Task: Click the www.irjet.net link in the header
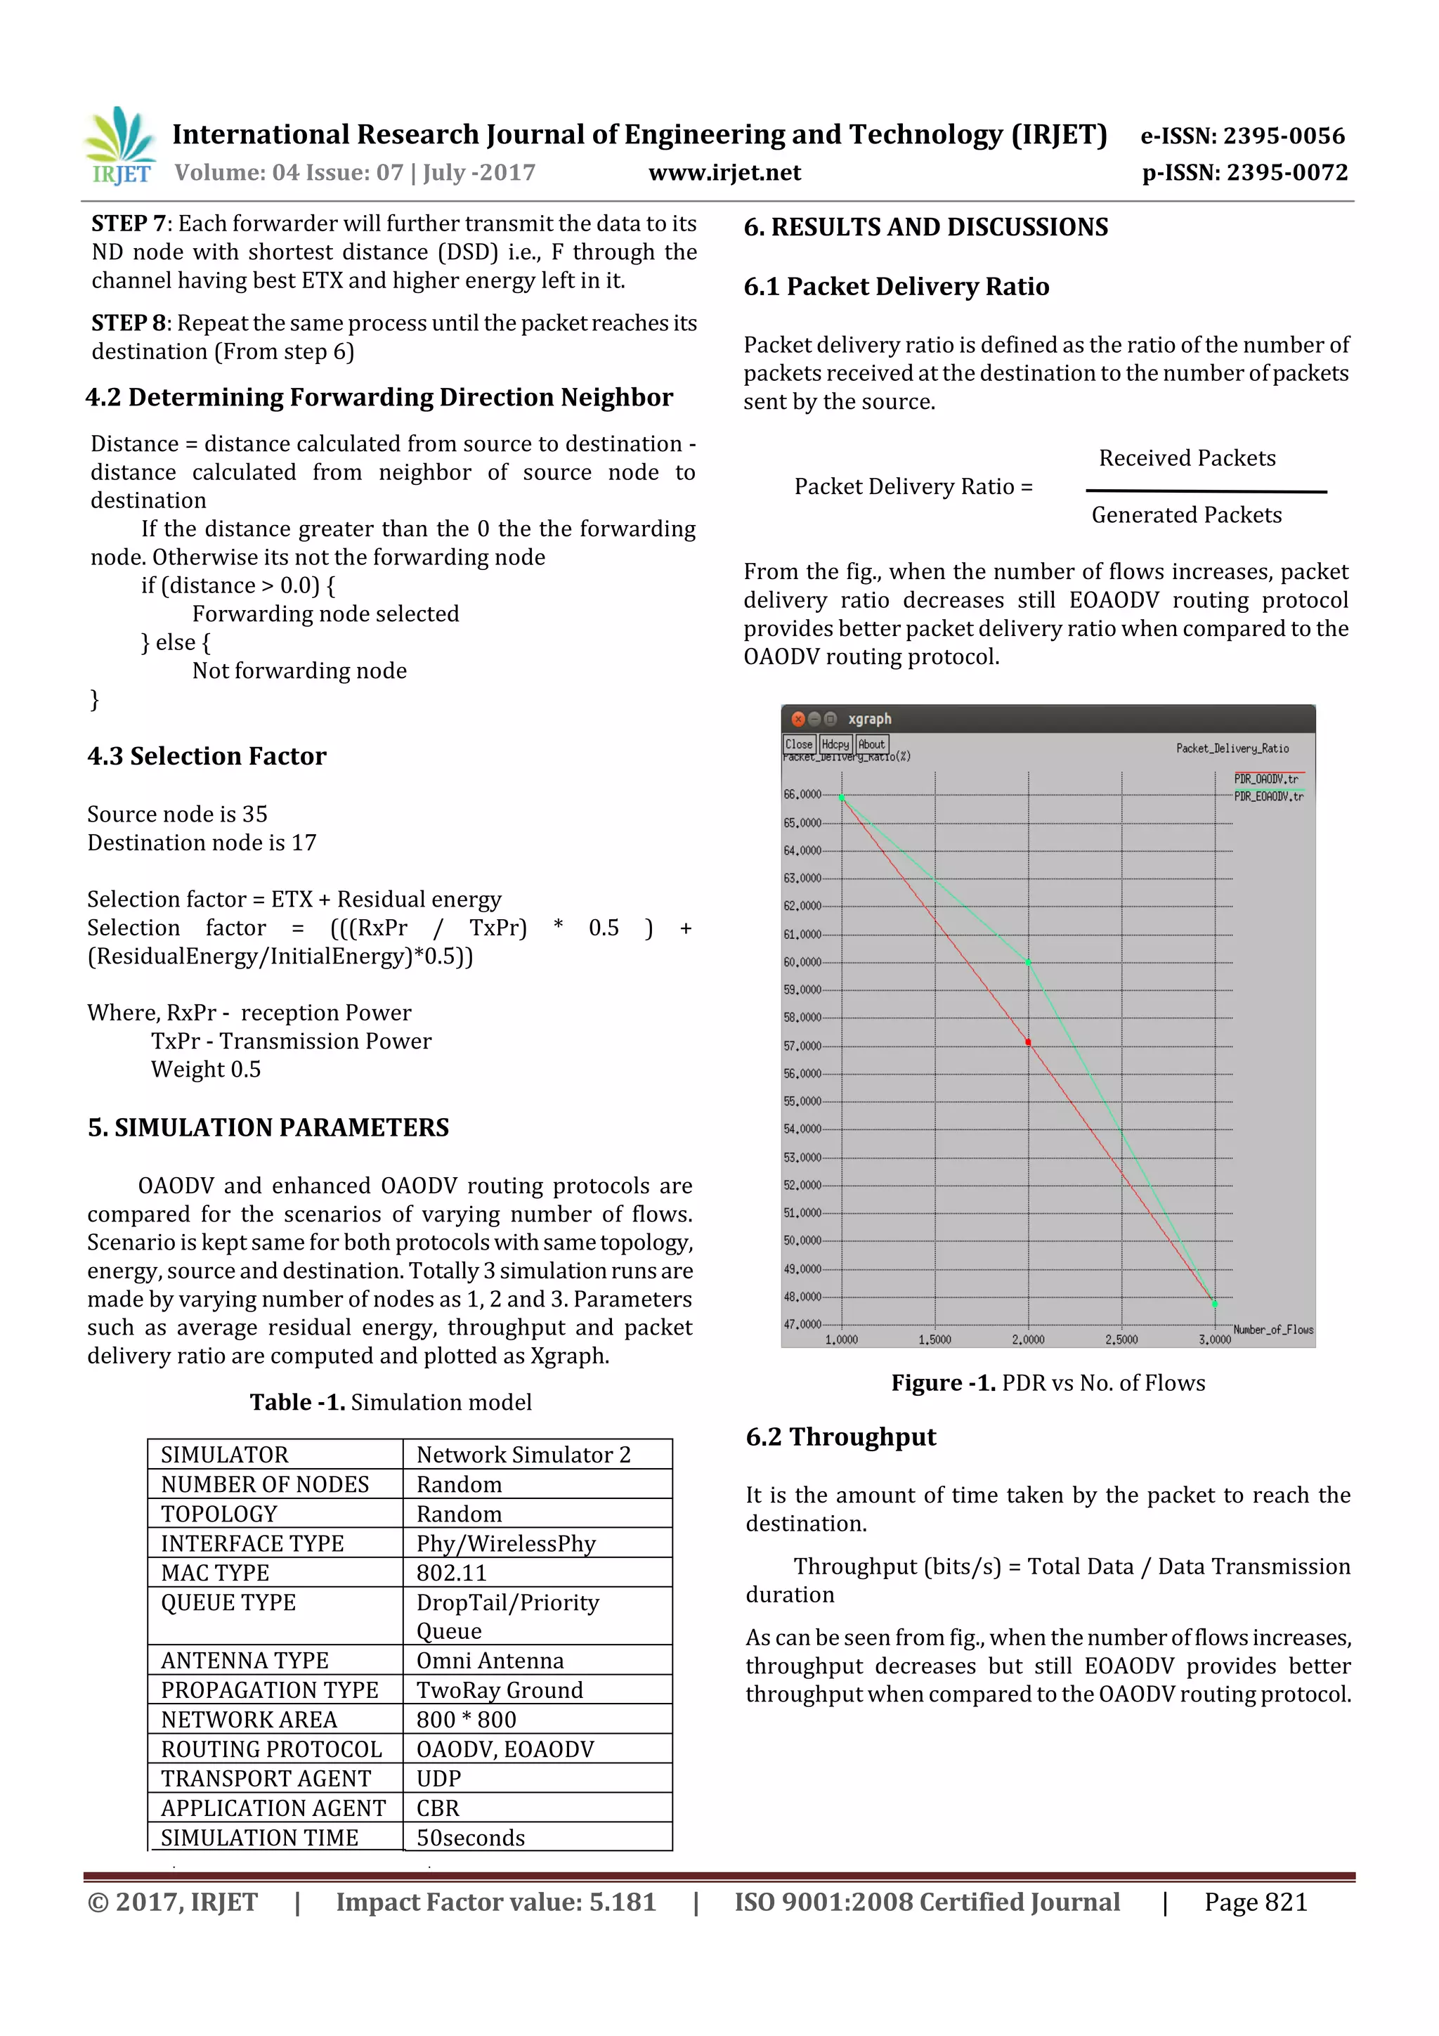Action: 724,172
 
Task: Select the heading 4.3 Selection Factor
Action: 207,756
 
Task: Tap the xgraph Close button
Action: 798,745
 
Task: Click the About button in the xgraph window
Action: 871,745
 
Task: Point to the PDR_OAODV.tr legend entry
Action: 1266,779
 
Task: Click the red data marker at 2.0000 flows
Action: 1029,1042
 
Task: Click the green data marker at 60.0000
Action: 1029,962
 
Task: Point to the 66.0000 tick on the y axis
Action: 802,795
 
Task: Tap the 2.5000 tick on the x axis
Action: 1121,1339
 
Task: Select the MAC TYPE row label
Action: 216,1572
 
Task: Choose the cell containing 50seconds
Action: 471,1837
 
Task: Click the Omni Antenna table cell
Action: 490,1660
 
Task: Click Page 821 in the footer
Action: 1256,1902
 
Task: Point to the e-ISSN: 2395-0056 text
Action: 1242,136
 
